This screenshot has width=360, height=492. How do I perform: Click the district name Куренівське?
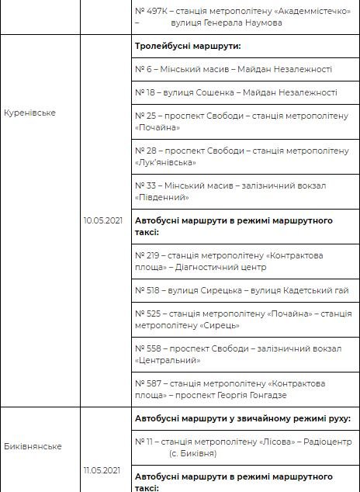point(29,113)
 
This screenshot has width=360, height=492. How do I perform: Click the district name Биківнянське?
point(33,446)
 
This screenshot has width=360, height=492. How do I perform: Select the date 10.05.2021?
point(103,220)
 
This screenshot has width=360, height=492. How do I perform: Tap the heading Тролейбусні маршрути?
point(188,46)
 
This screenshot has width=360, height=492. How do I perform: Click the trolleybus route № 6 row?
point(234,69)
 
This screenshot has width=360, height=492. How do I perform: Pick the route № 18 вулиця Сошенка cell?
point(236,92)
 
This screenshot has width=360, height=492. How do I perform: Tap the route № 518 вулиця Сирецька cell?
point(241,290)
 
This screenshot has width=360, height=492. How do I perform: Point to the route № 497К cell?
point(234,17)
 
